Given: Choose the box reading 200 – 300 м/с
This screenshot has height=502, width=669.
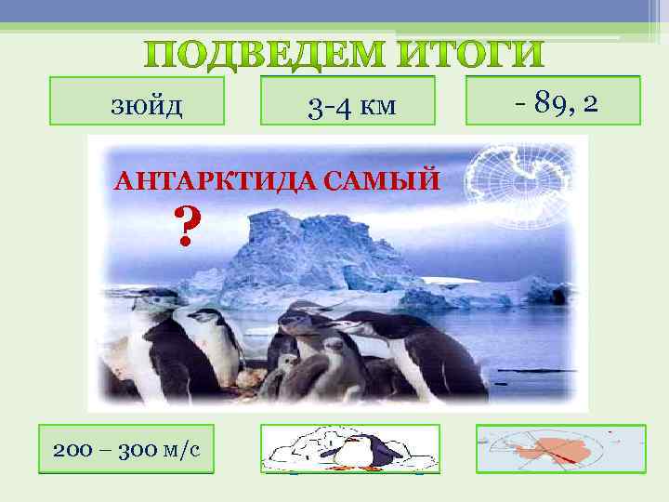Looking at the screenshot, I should tap(125, 450).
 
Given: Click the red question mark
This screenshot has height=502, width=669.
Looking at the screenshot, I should tap(187, 227).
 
